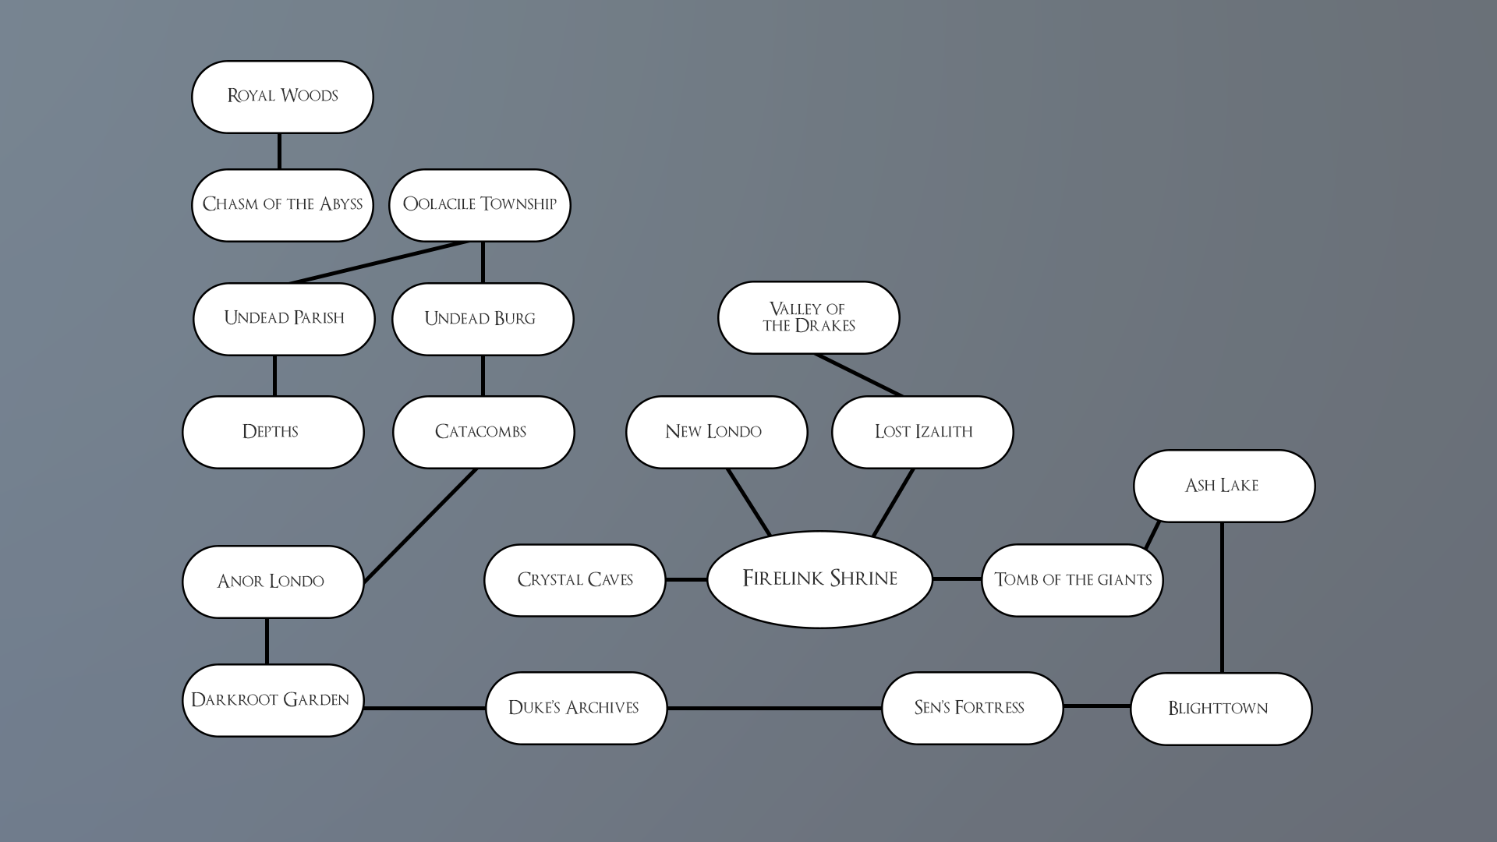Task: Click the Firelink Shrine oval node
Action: pyautogui.click(x=819, y=579)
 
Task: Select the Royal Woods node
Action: pyautogui.click(x=282, y=97)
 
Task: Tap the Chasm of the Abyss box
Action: pyautogui.click(x=282, y=205)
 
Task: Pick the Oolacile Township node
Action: pyautogui.click(x=480, y=205)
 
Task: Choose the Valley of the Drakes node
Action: pyautogui.click(x=809, y=317)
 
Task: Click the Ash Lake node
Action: pyautogui.click(x=1223, y=486)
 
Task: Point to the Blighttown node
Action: pyautogui.click(x=1220, y=709)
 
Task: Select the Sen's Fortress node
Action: pyautogui.click(x=971, y=708)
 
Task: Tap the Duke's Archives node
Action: pyautogui.click(x=575, y=708)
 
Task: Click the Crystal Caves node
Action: pyautogui.click(x=575, y=580)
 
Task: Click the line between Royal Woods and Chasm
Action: pyautogui.click(x=279, y=151)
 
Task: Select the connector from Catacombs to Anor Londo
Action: pyautogui.click(x=420, y=525)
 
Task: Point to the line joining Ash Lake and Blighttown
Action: pyautogui.click(x=1221, y=596)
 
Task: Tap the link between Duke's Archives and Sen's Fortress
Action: pyautogui.click(x=774, y=708)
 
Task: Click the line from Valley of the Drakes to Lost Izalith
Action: pyautogui.click(x=858, y=375)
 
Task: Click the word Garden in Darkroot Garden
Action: pyautogui.click(x=316, y=700)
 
